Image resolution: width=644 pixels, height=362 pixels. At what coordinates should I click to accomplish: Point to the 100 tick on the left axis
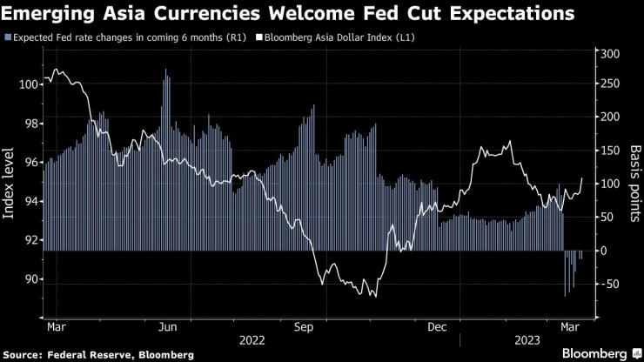[x=28, y=84]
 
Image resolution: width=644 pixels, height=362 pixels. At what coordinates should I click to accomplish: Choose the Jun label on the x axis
[x=170, y=328]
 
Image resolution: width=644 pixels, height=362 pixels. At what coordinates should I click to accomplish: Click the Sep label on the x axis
[x=303, y=328]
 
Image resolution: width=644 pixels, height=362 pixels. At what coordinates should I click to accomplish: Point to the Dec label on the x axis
[x=438, y=328]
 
